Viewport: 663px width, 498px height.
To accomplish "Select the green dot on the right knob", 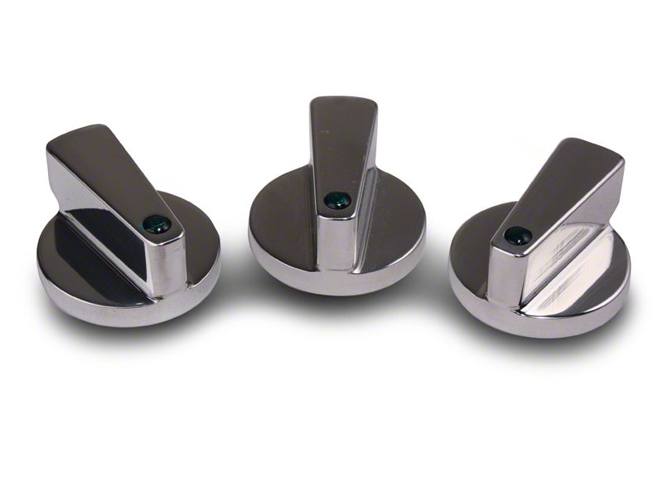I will [x=518, y=236].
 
